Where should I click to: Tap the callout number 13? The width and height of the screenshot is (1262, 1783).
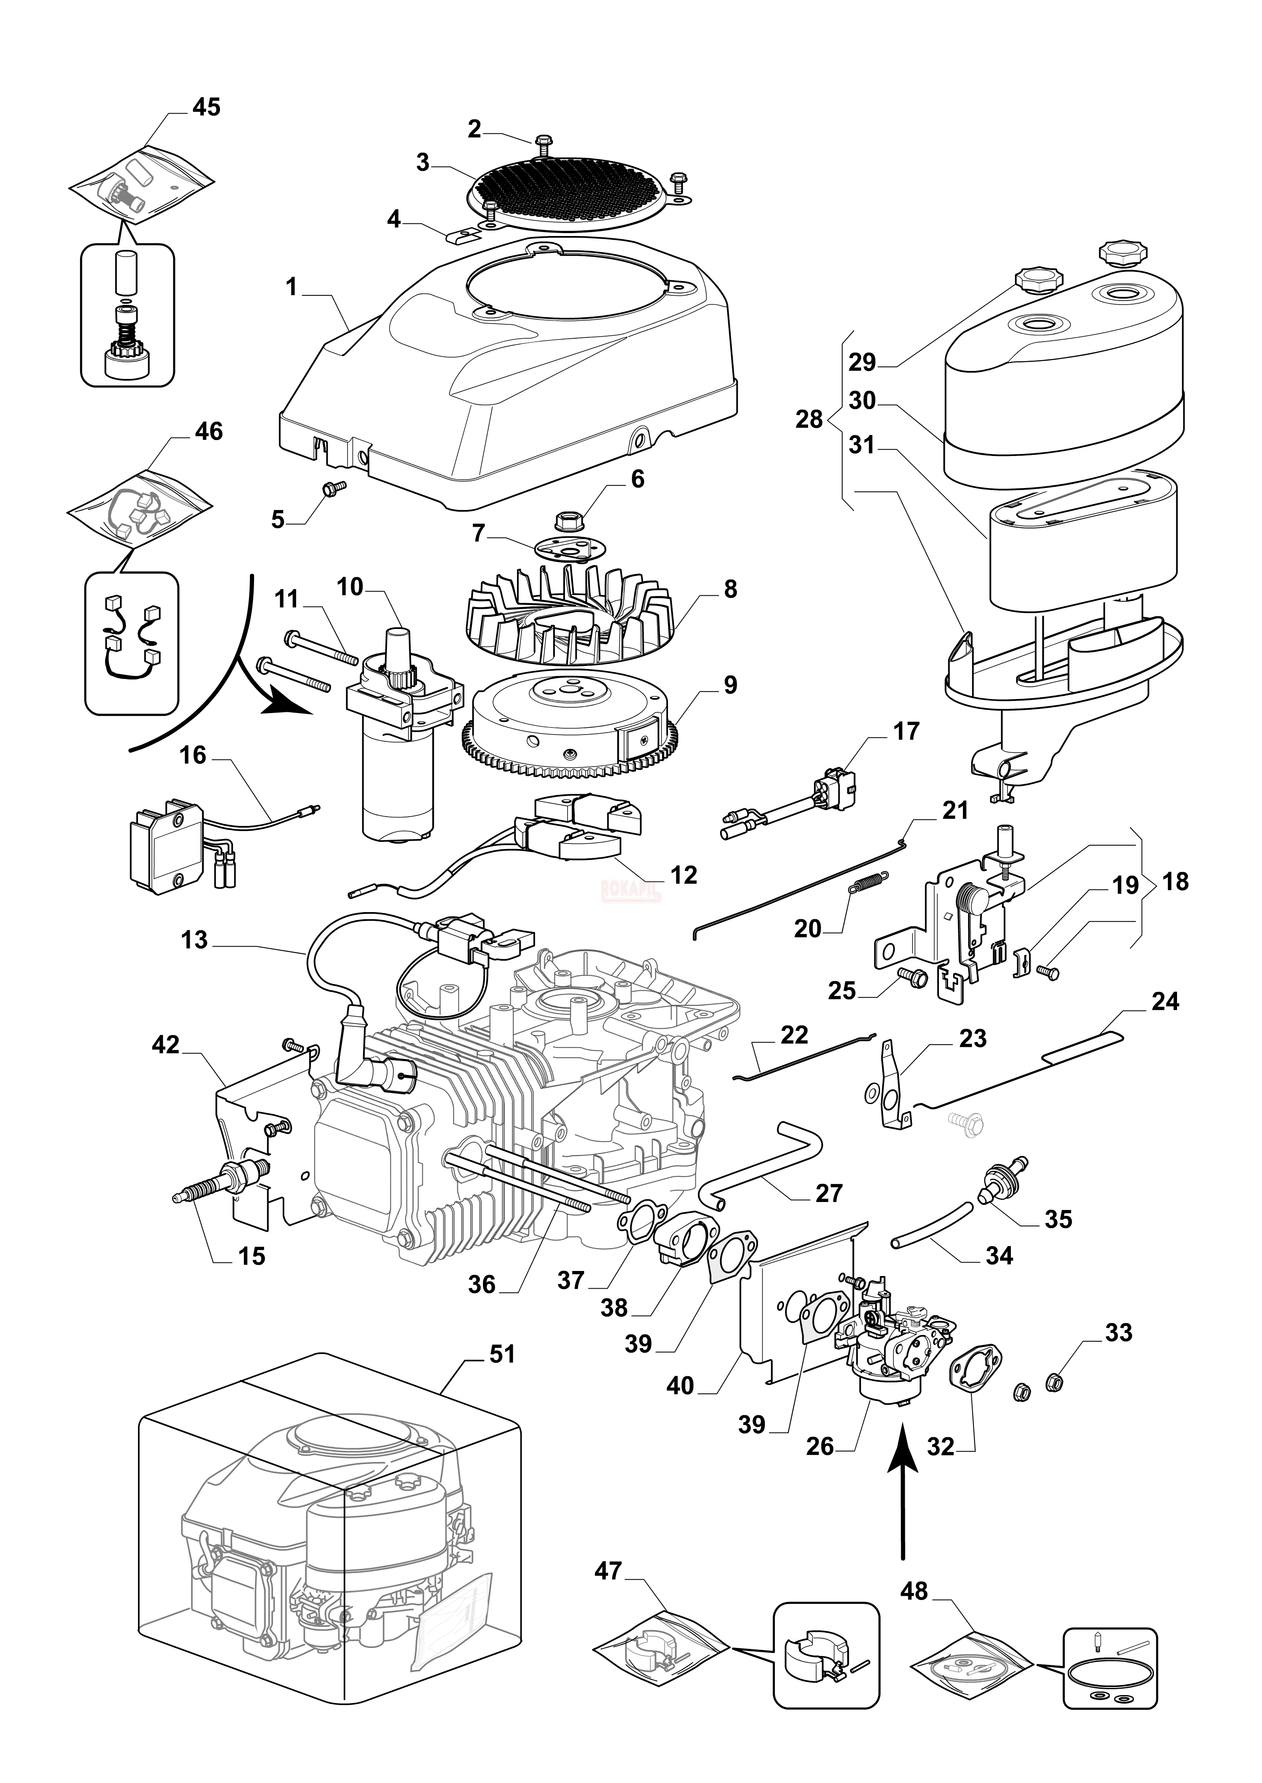click(194, 940)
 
